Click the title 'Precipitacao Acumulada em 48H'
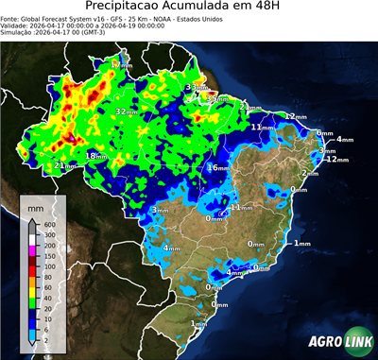pos(188,8)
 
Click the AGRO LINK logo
pos(336,343)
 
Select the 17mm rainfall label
pos(120,64)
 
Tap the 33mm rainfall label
pos(196,87)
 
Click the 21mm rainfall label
pos(64,165)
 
